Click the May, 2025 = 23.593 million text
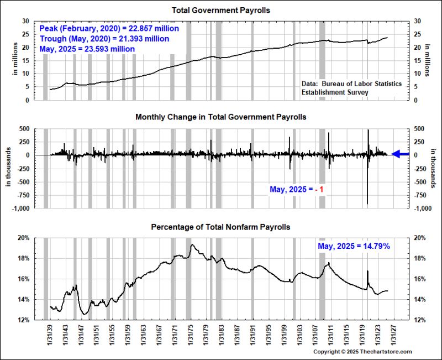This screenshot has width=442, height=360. click(x=87, y=49)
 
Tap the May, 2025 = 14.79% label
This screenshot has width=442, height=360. click(x=354, y=246)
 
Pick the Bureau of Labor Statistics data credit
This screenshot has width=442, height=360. click(x=352, y=84)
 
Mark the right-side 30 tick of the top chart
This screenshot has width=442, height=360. click(x=414, y=21)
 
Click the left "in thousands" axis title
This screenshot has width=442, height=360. click(x=9, y=168)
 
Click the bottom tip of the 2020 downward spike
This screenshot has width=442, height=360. click(x=368, y=205)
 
